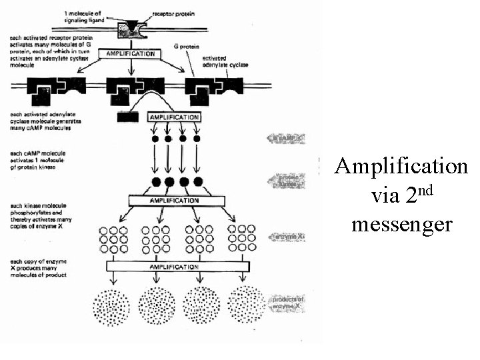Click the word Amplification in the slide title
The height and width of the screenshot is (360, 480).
coord(401,165)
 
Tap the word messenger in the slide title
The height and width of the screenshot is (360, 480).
coord(401,225)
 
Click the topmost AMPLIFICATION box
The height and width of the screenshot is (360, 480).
coord(126,53)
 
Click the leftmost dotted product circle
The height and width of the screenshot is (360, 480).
coord(109,306)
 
